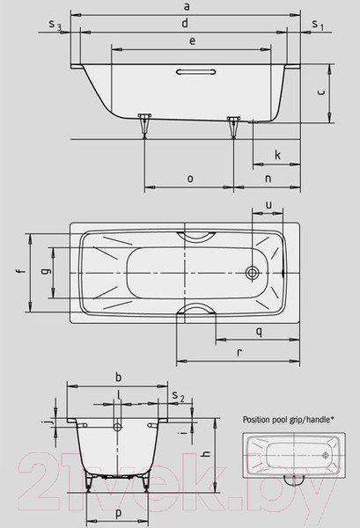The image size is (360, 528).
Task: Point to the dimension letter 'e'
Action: pos(191,40)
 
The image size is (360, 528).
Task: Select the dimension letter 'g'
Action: pos(44,273)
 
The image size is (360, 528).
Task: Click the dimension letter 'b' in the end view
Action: pos(118,377)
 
